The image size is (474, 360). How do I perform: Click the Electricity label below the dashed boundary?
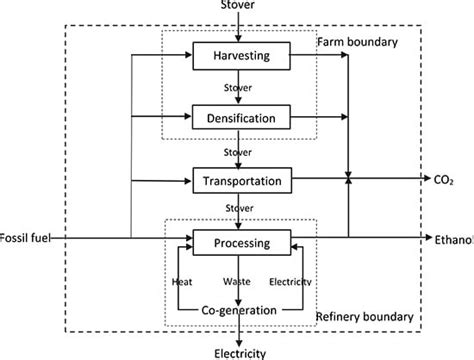[238, 352]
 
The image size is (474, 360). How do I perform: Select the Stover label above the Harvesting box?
[238, 7]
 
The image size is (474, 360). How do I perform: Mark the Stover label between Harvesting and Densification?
[238, 85]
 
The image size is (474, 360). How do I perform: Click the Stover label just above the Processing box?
[238, 209]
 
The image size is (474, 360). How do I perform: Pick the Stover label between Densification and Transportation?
[238, 152]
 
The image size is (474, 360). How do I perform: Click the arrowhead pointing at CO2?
[422, 180]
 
